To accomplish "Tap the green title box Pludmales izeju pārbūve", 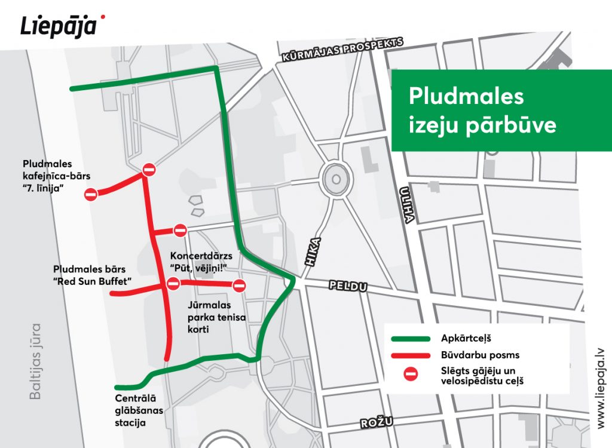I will click(x=482, y=111).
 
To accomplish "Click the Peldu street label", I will click(x=347, y=287).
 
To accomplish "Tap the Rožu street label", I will click(x=377, y=423).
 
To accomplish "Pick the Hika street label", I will click(x=314, y=251).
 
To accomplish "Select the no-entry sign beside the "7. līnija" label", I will click(x=91, y=194).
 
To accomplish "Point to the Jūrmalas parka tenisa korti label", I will click(x=212, y=317).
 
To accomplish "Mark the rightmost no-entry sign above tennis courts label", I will click(x=239, y=286).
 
